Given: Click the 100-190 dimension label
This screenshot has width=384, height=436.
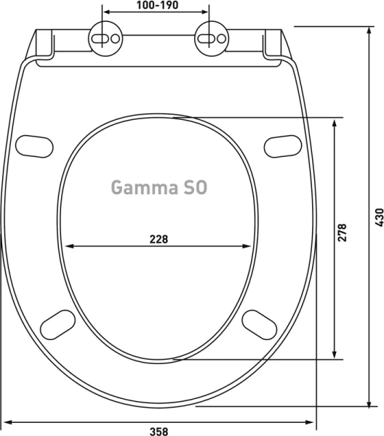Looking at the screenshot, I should pyautogui.click(x=156, y=5).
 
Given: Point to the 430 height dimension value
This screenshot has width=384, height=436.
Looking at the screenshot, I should pyautogui.click(x=377, y=216).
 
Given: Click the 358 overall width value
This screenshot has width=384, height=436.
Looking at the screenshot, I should pyautogui.click(x=159, y=430).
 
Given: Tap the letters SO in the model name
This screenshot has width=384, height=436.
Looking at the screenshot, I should pyautogui.click(x=193, y=187).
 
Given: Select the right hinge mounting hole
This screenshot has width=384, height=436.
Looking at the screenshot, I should pyautogui.click(x=211, y=39).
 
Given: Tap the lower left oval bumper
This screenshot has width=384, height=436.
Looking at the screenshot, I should pyautogui.click(x=60, y=324).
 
